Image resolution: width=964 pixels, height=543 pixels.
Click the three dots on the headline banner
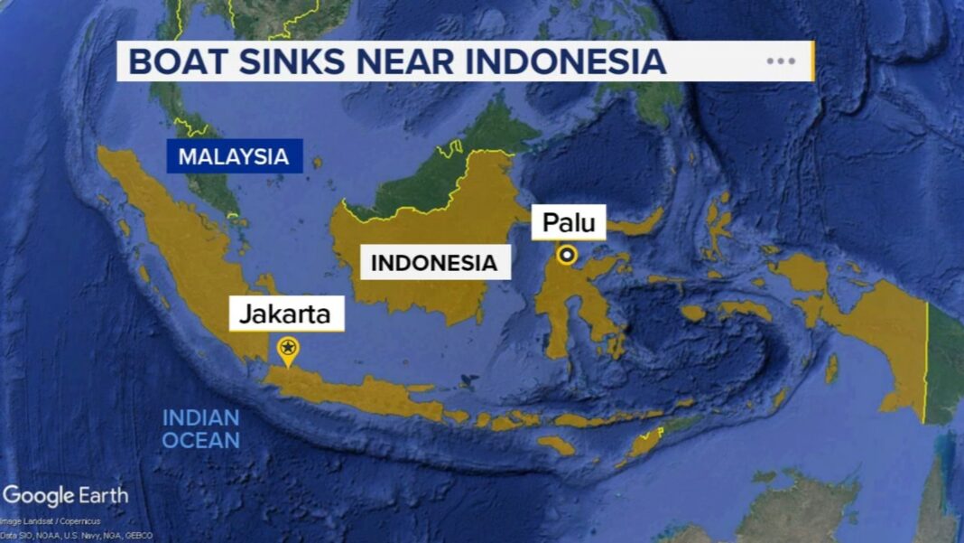tap(781, 61)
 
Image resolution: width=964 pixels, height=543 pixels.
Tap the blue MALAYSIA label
tap(233, 156)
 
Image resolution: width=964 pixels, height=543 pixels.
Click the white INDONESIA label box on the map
tap(434, 263)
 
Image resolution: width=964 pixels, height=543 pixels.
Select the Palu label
tap(569, 222)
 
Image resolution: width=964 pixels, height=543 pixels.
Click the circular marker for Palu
tap(567, 256)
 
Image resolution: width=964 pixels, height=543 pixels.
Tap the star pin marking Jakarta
tap(288, 348)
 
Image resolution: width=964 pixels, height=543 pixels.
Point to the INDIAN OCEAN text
tap(200, 429)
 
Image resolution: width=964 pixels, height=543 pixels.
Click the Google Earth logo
tap(65, 496)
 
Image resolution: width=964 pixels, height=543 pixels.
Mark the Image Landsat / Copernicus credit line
tap(50, 521)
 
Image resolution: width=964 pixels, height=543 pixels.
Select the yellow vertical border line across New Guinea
tap(926, 361)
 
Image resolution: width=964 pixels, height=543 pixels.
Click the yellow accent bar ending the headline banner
tap(812, 61)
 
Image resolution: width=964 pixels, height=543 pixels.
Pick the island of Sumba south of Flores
tap(556, 445)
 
